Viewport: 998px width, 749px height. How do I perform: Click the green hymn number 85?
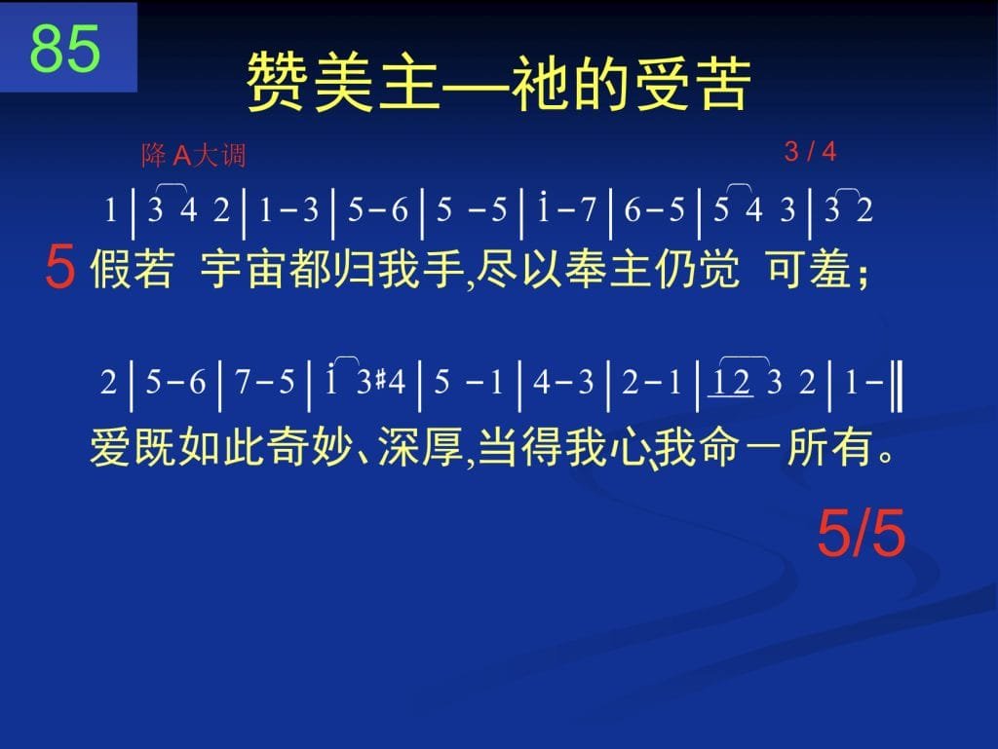click(x=65, y=48)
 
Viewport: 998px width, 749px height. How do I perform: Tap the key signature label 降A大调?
click(x=194, y=155)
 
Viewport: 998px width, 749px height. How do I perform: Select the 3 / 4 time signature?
click(x=810, y=151)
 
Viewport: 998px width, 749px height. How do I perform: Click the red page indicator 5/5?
click(x=861, y=533)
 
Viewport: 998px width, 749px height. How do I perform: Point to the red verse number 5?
click(x=60, y=268)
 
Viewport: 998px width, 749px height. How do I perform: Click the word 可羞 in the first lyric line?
click(x=809, y=268)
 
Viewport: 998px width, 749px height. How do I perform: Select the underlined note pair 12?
click(x=731, y=383)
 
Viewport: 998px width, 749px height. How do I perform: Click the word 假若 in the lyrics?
click(x=133, y=268)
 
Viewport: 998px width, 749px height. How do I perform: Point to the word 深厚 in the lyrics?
click(x=421, y=446)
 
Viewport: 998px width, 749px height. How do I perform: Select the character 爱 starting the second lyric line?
click(x=111, y=446)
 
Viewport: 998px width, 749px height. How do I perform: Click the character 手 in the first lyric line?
click(x=443, y=268)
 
